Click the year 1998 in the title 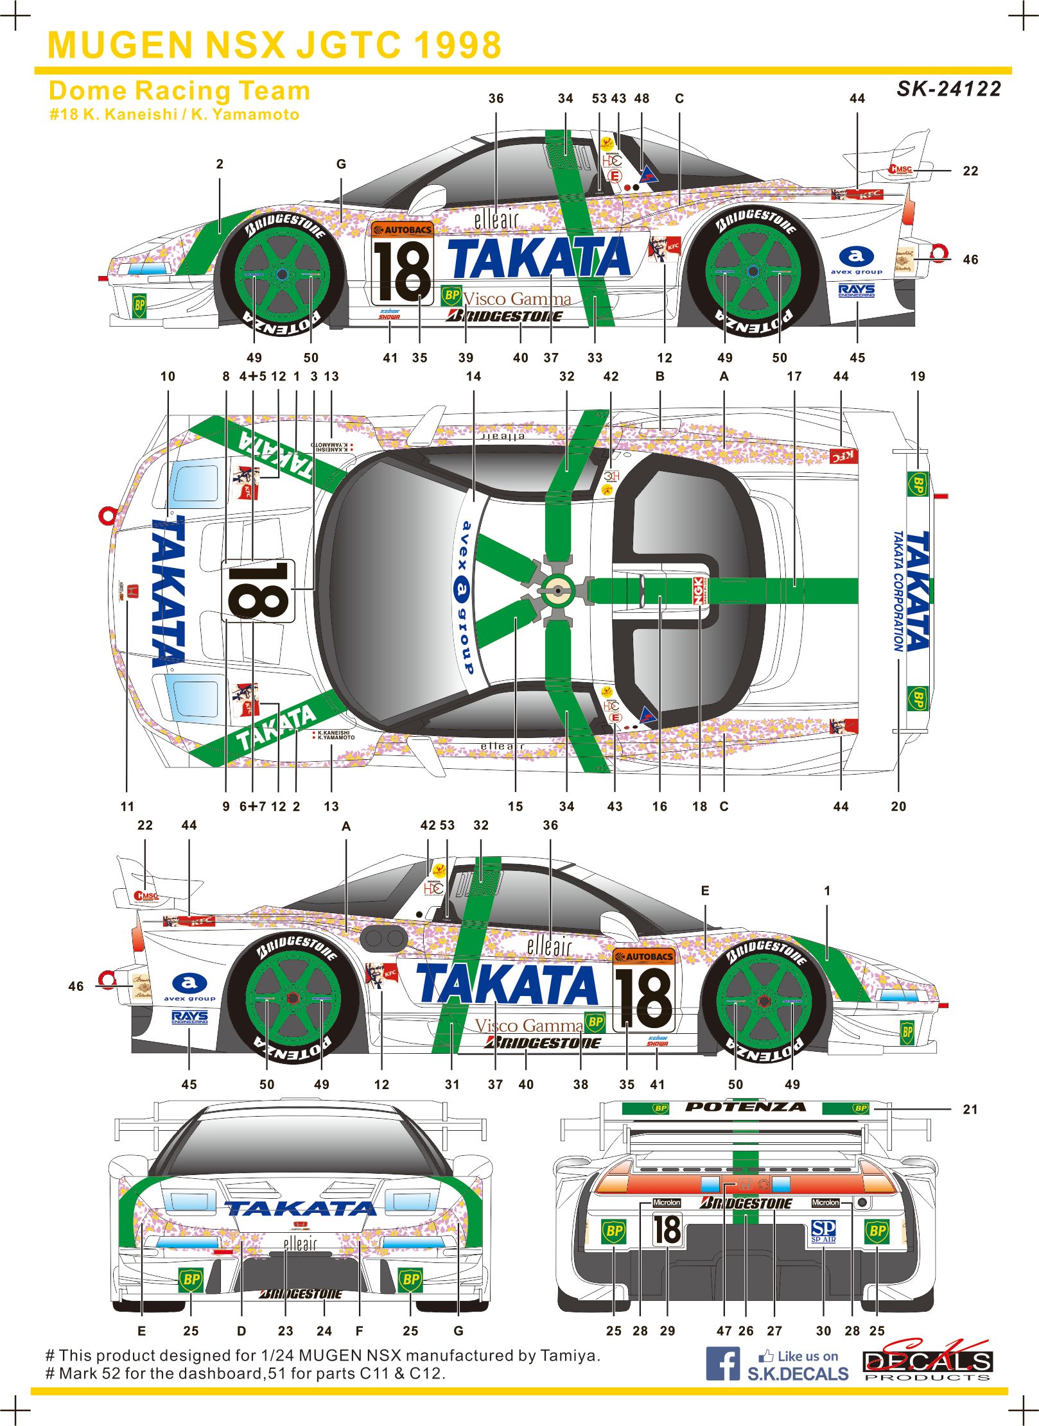pyautogui.click(x=457, y=45)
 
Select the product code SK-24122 pyautogui.click(x=948, y=89)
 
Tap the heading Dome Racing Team pyautogui.click(x=179, y=91)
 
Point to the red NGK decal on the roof pyautogui.click(x=698, y=590)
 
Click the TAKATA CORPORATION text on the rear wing pyautogui.click(x=898, y=590)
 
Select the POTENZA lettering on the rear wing pyautogui.click(x=745, y=1106)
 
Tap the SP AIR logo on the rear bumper pyautogui.click(x=823, y=1230)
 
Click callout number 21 pyautogui.click(x=970, y=1109)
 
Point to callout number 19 pyautogui.click(x=918, y=376)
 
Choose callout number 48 pyautogui.click(x=642, y=98)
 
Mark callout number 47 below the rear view pyautogui.click(x=724, y=1330)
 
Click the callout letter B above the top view pyautogui.click(x=659, y=376)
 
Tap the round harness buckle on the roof pyautogui.click(x=557, y=591)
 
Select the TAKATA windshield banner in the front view pyautogui.click(x=300, y=1208)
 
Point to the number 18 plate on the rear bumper pyautogui.click(x=667, y=1229)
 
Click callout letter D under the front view pyautogui.click(x=241, y=1330)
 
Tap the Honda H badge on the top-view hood pyautogui.click(x=133, y=590)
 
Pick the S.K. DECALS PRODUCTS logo pyautogui.click(x=927, y=1361)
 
